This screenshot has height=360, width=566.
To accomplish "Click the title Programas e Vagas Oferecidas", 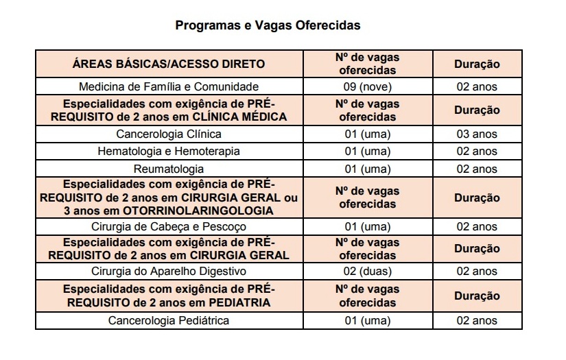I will tap(268, 25).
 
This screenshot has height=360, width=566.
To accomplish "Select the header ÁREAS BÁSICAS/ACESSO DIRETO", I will tap(168, 64).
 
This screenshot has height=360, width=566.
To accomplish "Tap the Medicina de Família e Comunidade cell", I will tap(169, 87).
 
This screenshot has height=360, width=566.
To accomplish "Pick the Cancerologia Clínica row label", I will tap(169, 134).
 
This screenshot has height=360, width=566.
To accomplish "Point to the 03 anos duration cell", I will tap(477, 134).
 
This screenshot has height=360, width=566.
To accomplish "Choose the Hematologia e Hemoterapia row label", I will tap(169, 152).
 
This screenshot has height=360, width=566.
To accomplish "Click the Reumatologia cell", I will tap(169, 169).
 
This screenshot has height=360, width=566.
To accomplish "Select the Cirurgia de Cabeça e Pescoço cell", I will tap(169, 226).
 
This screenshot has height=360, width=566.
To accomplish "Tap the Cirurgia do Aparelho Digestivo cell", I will tap(169, 272).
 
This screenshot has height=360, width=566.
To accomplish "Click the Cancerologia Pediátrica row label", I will tap(169, 320).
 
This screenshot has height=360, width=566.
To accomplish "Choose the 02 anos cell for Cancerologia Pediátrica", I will tap(477, 320).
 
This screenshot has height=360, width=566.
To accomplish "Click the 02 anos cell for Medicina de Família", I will tap(477, 87).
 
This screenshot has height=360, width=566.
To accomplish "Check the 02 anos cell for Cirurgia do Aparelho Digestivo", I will tap(477, 272).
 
